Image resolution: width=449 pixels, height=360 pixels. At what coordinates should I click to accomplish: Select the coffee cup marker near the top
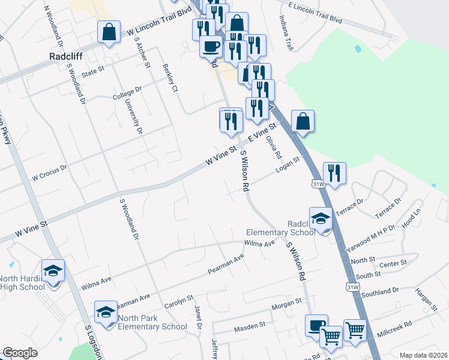[211, 46]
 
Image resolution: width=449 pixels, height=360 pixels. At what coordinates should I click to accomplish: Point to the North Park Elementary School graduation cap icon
[106, 312]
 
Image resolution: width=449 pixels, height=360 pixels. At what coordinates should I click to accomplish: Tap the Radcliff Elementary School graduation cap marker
[321, 219]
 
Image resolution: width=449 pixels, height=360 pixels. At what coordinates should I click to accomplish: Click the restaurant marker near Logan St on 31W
[334, 173]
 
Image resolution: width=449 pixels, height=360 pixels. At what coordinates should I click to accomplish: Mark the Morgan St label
[285, 304]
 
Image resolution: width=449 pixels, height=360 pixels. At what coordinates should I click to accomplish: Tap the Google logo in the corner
[20, 353]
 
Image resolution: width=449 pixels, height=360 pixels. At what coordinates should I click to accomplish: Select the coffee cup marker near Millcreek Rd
[316, 326]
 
